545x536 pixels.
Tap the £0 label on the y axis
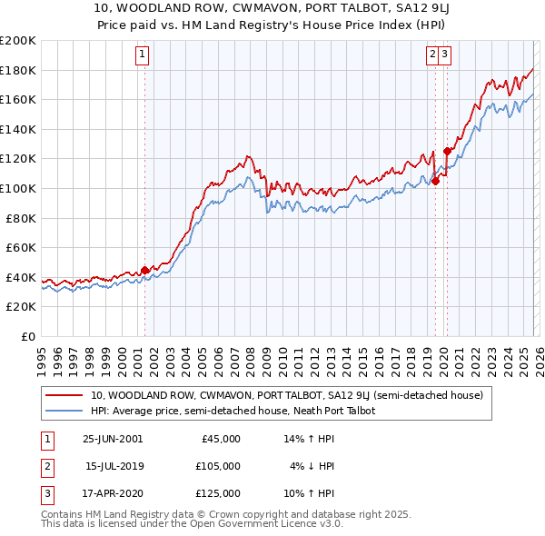pyautogui.click(x=27, y=336)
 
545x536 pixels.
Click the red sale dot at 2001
pyautogui.click(x=144, y=270)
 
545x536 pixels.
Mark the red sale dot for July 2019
pyautogui.click(x=435, y=181)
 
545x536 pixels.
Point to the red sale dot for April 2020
pyautogui.click(x=447, y=152)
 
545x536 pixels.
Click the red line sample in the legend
pyautogui.click(x=64, y=395)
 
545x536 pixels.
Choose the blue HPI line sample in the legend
pyautogui.click(x=64, y=411)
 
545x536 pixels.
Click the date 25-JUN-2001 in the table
pyautogui.click(x=113, y=439)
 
